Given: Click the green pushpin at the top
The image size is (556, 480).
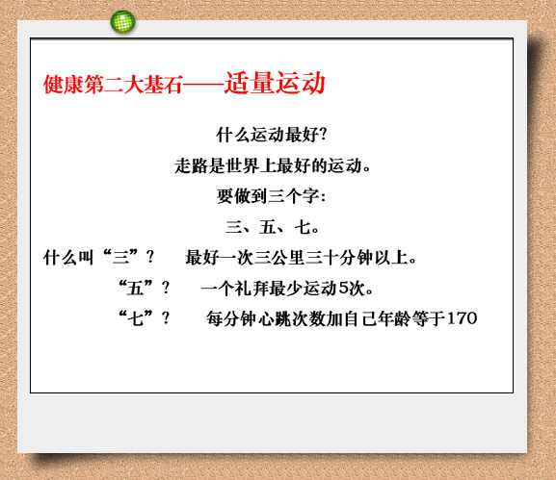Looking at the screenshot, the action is tap(122, 22).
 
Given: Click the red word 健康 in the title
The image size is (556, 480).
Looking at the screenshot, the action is tap(64, 85).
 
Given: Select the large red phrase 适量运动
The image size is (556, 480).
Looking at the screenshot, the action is tap(275, 83).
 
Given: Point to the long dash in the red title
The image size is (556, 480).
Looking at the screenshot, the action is tap(203, 85).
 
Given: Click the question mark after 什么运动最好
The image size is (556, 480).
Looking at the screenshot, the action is tap(322, 134).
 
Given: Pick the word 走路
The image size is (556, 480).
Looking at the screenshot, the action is tap(191, 165).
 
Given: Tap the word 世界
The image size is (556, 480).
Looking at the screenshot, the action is tap(243, 165).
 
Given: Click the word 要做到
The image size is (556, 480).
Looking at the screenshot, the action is tap(242, 196).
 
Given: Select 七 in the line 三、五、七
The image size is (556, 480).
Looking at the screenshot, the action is tap(303, 227).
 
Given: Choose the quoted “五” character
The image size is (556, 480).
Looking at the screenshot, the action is tap(136, 288).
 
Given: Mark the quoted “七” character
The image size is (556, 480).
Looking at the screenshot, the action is tap(136, 317).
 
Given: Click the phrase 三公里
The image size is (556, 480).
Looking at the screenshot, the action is tap(279, 258).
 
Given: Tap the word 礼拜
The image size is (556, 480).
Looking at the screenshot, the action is tap(252, 289).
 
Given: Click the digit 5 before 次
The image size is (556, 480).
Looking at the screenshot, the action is tap(344, 289).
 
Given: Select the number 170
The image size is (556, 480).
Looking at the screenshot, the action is tap(462, 318).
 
